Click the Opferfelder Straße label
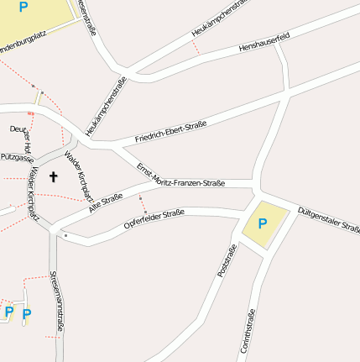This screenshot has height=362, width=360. [154, 219]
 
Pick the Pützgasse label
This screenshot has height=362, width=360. [17, 157]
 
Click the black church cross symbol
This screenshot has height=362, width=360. [54, 177]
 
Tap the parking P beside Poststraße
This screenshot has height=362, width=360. [263, 223]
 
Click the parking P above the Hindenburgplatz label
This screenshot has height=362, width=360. [23, 8]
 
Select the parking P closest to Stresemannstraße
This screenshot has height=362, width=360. [27, 315]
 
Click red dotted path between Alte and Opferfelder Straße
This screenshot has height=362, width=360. [143, 204]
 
